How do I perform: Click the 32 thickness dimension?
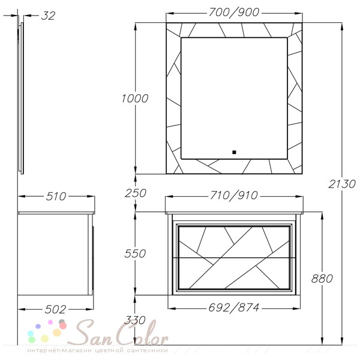[x=48, y=16]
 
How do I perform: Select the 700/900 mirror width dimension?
[x=234, y=13]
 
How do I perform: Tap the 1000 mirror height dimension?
[x=135, y=98]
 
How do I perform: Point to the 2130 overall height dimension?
[x=342, y=184]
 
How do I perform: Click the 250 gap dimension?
[x=136, y=193]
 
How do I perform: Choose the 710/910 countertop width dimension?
[x=234, y=196]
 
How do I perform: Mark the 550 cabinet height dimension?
[x=135, y=253]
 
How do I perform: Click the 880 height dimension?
[x=322, y=278]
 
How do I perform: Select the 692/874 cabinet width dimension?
[x=234, y=307]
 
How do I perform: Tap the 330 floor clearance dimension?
[x=135, y=320]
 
